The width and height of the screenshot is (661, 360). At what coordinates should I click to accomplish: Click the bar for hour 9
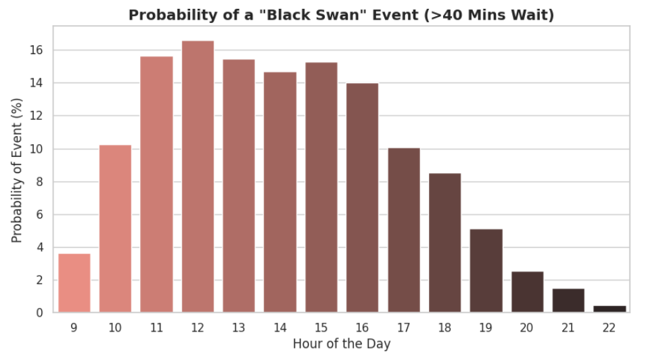(x=74, y=283)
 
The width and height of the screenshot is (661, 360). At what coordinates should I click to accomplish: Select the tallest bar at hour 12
(x=198, y=177)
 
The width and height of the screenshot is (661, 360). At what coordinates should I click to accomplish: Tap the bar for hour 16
(x=363, y=198)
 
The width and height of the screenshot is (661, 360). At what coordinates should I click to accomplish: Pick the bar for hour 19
(x=486, y=271)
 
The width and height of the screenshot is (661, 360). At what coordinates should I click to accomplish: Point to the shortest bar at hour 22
(x=610, y=309)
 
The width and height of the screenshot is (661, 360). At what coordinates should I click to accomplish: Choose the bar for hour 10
(x=115, y=229)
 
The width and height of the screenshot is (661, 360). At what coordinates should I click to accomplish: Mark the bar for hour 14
(x=280, y=192)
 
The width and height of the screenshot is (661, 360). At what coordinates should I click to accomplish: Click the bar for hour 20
(x=527, y=292)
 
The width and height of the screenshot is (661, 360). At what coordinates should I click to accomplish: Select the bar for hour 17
(x=404, y=230)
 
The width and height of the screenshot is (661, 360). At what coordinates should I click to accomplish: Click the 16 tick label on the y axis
(x=37, y=50)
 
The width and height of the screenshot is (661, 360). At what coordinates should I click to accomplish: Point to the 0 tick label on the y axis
(x=40, y=313)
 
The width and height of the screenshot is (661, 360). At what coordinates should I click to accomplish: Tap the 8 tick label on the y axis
(x=40, y=181)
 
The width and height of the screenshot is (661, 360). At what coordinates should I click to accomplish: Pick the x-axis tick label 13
(x=239, y=328)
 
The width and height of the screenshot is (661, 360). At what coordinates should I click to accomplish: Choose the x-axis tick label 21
(x=568, y=328)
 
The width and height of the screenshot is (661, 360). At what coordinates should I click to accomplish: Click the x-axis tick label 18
(x=445, y=328)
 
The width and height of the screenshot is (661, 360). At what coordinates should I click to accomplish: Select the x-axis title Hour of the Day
(x=342, y=344)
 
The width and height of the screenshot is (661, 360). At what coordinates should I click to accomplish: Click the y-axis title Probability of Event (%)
(x=16, y=171)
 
